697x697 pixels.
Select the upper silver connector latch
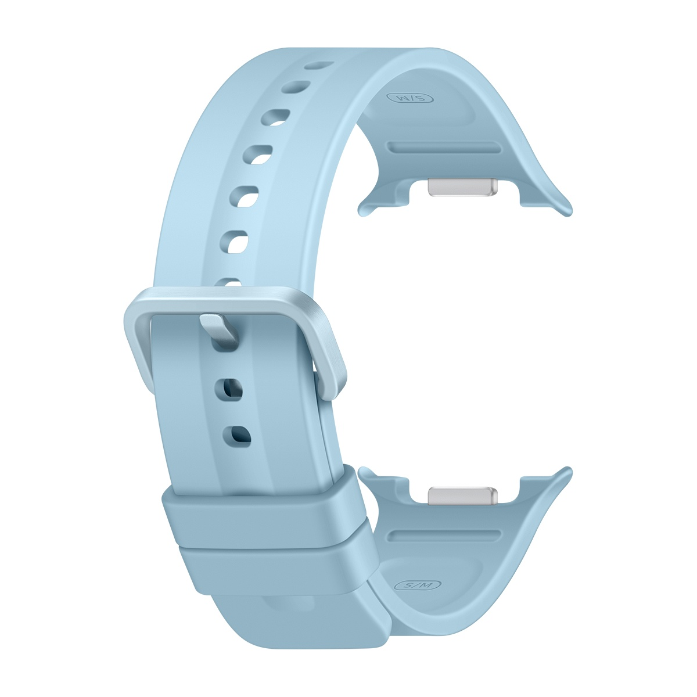462,187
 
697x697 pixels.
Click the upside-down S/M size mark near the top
410,98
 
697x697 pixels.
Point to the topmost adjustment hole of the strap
319,65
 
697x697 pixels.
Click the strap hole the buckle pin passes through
225,344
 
